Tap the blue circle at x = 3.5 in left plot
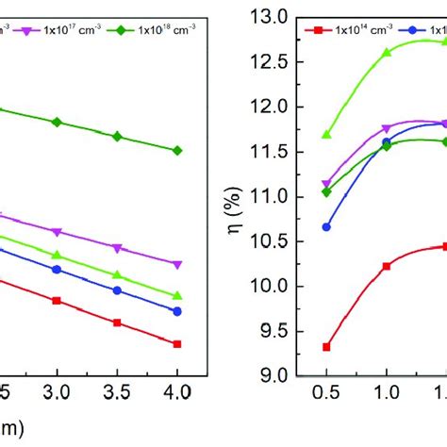pos(117,290)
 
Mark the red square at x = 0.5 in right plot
pos(326,347)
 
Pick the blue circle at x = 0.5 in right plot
pos(326,226)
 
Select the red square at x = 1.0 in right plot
pos(387,266)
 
